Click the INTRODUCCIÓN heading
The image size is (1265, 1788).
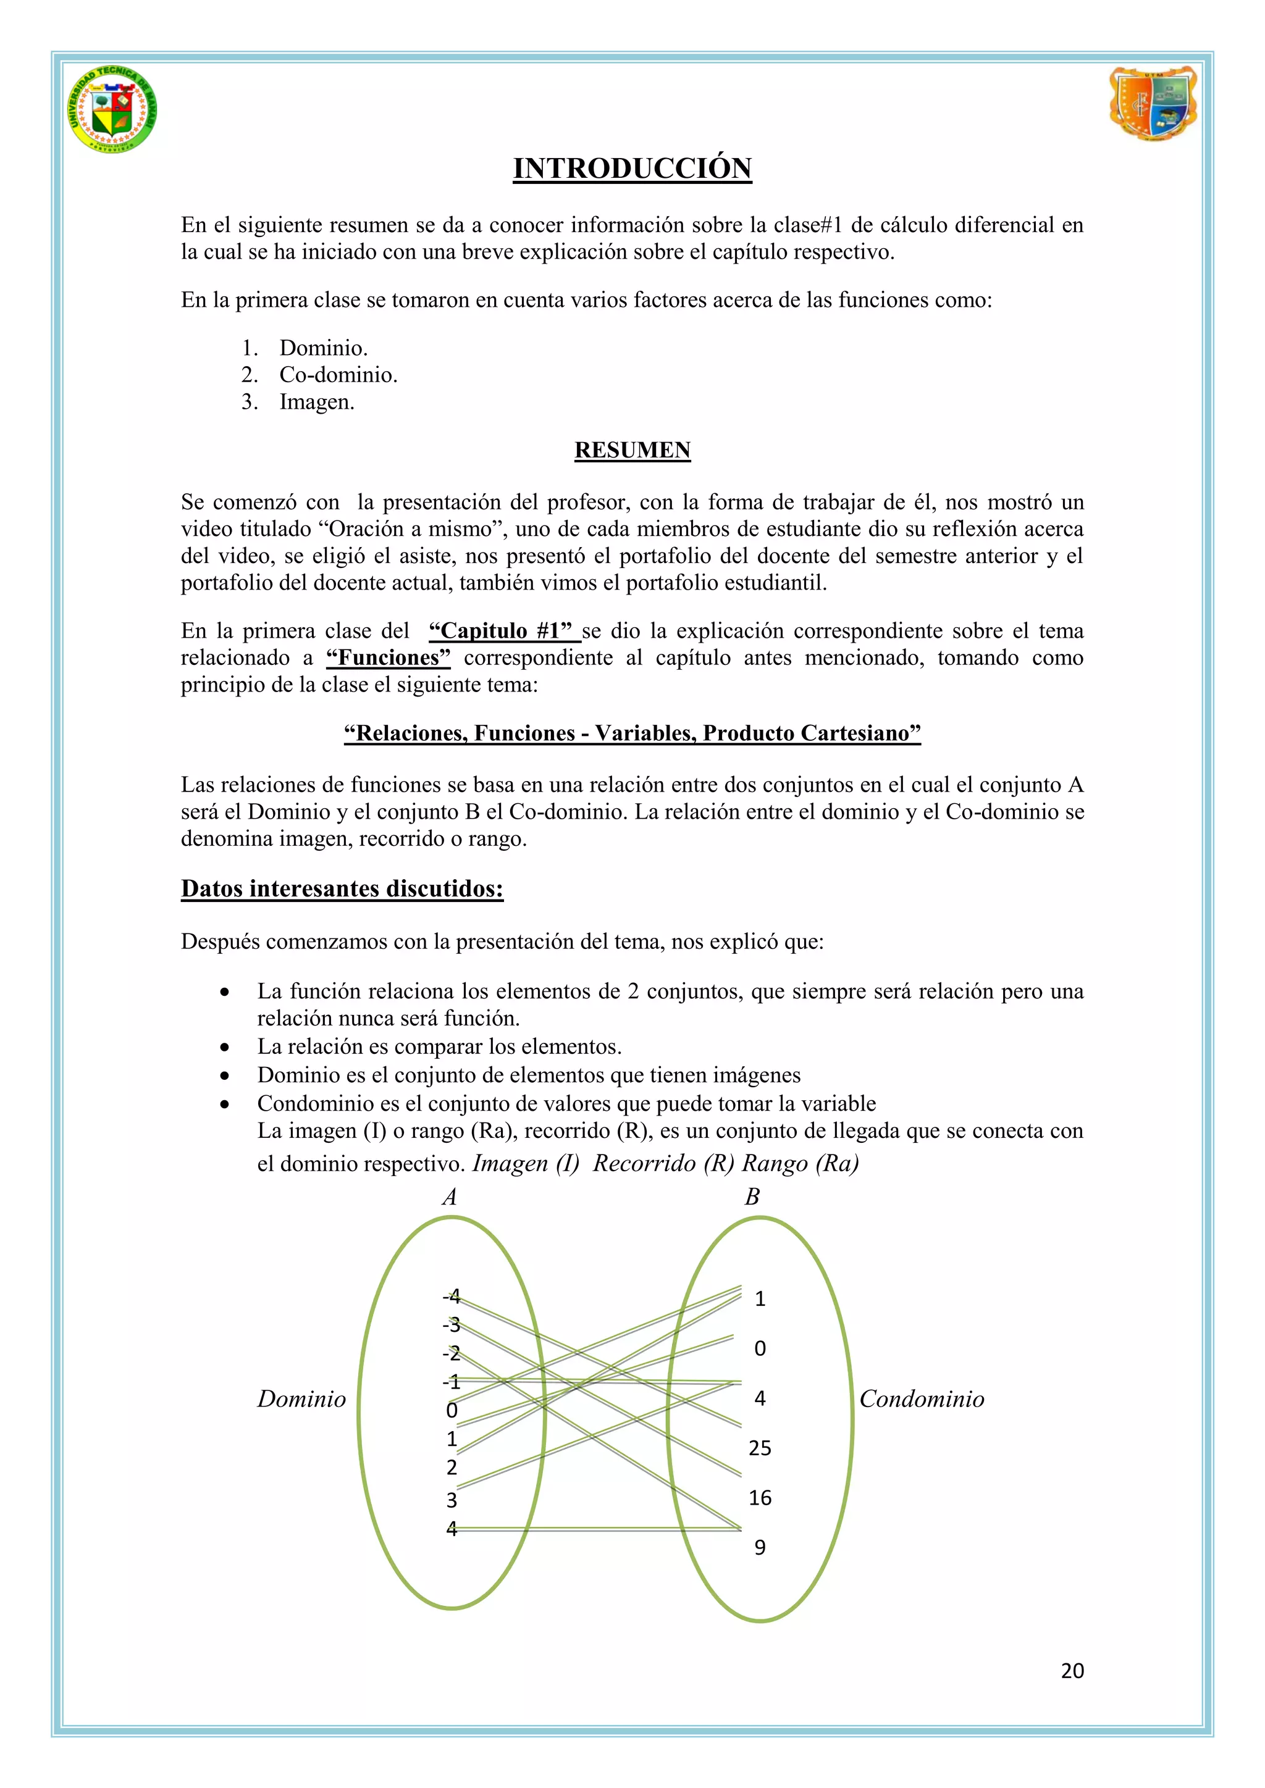[632, 168]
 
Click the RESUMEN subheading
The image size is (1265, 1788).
[632, 450]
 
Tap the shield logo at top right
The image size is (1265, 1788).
[1152, 104]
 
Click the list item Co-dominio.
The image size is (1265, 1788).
[338, 375]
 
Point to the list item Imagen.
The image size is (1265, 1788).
[316, 403]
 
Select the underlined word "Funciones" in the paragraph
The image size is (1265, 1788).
[389, 658]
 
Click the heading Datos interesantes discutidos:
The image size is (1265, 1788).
[342, 888]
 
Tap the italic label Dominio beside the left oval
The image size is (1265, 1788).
[301, 1400]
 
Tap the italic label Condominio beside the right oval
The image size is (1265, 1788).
[922, 1400]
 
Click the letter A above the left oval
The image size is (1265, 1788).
[450, 1197]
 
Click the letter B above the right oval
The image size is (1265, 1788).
[752, 1197]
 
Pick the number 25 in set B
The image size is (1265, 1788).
[760, 1448]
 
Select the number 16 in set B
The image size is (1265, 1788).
[760, 1498]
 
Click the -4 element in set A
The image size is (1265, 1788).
[452, 1297]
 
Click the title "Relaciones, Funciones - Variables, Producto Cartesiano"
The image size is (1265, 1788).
[632, 733]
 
